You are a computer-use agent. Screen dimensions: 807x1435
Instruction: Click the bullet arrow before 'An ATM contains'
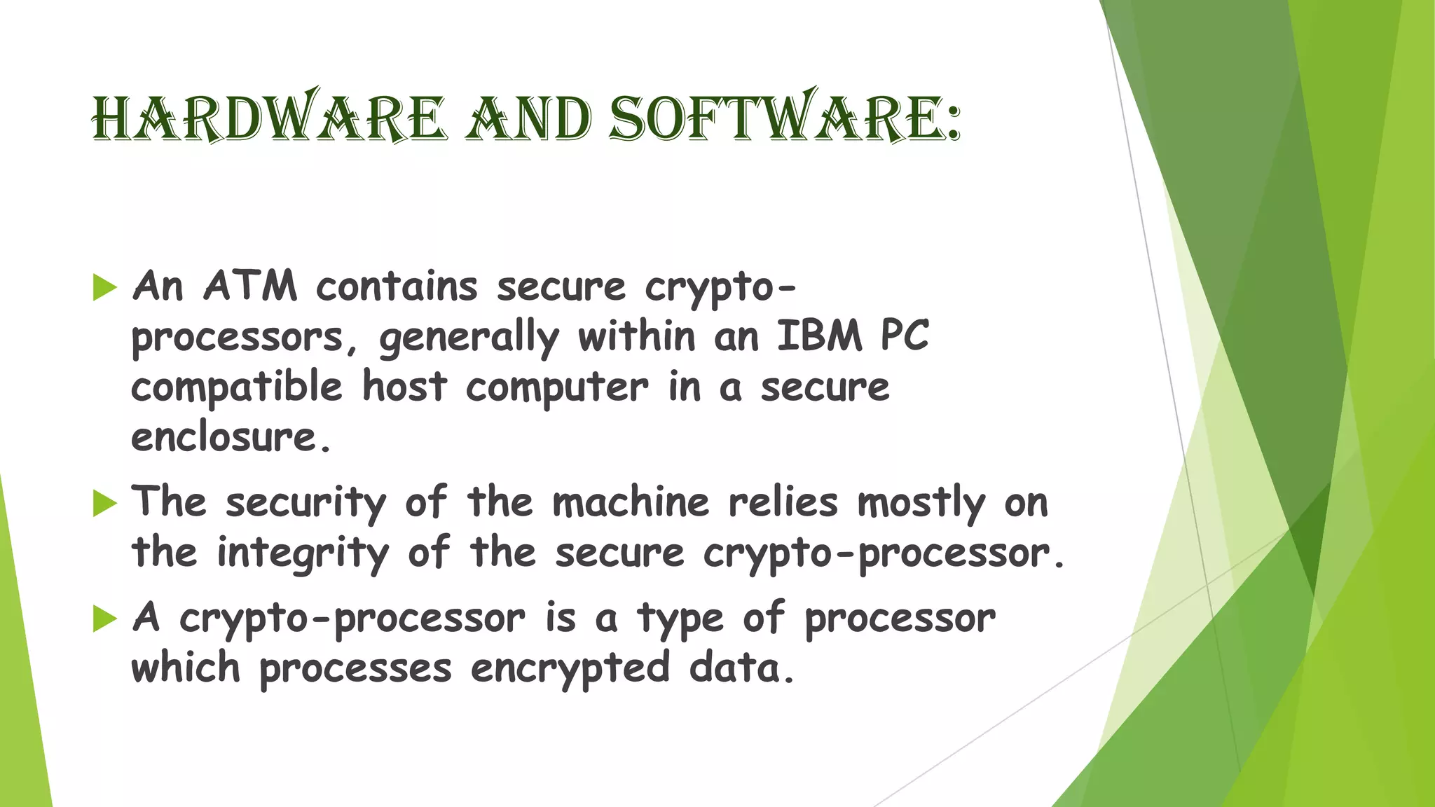(x=104, y=287)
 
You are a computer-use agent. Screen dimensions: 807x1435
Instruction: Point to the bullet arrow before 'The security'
(x=104, y=503)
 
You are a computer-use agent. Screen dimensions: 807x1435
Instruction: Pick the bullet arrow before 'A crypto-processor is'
(x=104, y=619)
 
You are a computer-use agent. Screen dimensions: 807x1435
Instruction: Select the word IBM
(x=819, y=336)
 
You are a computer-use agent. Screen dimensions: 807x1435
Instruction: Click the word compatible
(x=237, y=387)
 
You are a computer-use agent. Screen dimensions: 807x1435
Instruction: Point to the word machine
(x=631, y=502)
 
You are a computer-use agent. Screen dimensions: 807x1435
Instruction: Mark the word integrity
(x=303, y=553)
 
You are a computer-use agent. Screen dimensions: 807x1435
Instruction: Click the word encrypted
(x=570, y=668)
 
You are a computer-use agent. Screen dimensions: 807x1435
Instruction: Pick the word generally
(x=469, y=338)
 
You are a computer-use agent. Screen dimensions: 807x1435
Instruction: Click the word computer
(x=557, y=388)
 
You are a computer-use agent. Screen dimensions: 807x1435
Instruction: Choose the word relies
(x=783, y=502)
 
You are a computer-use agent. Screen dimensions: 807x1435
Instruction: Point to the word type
(x=680, y=619)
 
